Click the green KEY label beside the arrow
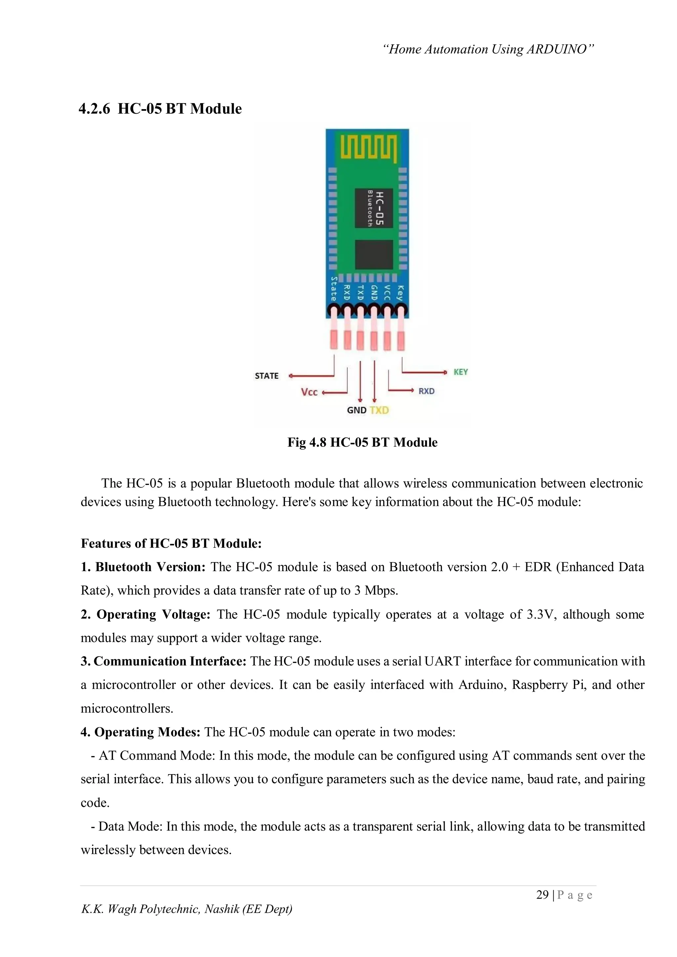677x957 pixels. [460, 372]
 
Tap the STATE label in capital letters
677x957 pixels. [266, 376]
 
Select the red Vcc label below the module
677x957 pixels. [309, 392]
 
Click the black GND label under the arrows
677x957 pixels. [356, 410]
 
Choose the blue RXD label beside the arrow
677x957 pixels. [426, 391]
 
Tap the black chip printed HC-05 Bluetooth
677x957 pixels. [374, 208]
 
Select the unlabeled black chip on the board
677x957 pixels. [374, 255]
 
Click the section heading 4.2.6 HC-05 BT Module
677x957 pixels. [160, 109]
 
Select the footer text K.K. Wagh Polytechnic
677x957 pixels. [186, 909]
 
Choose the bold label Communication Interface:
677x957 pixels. [164, 661]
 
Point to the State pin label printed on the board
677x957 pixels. [334, 289]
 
